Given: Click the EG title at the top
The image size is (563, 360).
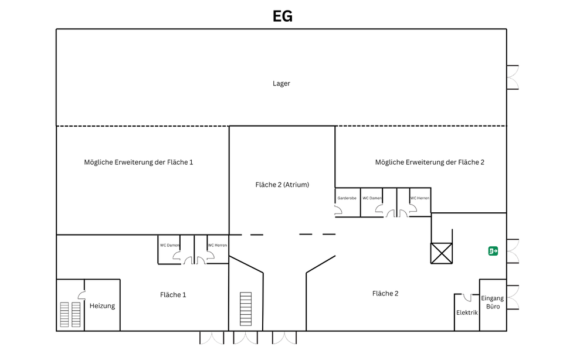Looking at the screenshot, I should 282,16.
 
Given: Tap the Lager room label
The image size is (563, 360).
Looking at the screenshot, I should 281,83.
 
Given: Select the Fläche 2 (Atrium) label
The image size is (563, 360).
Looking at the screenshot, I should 282,185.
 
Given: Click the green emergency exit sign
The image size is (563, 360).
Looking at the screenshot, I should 493,251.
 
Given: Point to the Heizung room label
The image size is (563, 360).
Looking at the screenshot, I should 102,305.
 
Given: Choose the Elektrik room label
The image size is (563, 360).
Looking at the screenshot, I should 467,313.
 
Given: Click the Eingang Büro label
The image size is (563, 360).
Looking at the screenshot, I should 493,302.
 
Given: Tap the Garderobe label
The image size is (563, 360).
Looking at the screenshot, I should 347,198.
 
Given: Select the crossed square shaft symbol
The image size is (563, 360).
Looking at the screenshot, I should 442,253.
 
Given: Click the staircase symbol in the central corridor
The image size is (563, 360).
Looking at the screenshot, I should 246,309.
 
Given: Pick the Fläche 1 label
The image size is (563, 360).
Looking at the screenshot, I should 173,295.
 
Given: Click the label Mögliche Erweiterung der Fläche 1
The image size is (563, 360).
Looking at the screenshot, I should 138,162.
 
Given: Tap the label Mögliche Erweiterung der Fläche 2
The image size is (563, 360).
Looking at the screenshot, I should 429,162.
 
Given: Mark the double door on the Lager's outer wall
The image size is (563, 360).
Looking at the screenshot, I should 513,77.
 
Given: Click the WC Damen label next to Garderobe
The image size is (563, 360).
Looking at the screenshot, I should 372,198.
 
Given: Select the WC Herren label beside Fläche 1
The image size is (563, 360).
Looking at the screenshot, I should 217,245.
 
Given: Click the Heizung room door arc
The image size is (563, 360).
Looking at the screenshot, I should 82,294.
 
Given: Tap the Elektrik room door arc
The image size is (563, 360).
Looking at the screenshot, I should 467,297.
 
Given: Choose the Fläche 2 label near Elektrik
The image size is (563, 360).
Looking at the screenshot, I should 385,293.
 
